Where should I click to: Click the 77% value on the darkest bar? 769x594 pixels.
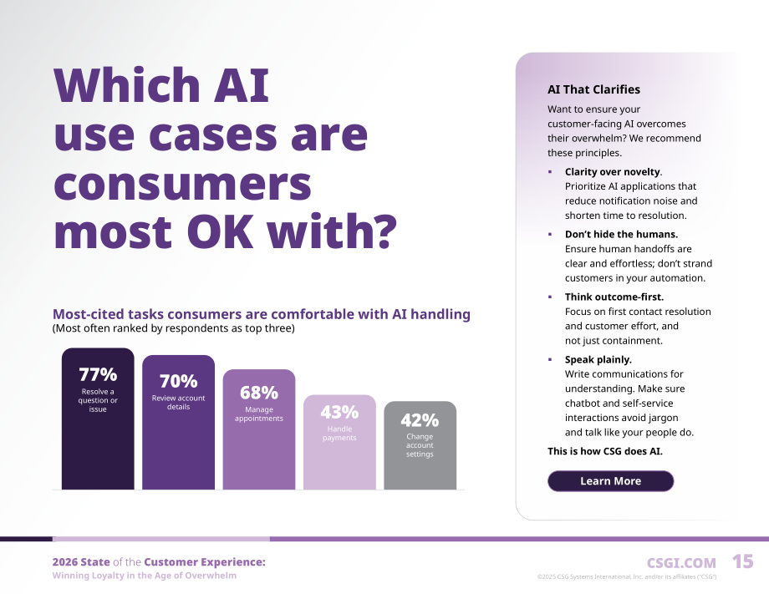click(98, 374)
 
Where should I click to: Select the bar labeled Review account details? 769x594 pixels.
click(179, 422)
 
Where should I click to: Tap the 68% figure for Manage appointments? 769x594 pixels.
click(259, 393)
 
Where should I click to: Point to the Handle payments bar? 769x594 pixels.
click(339, 442)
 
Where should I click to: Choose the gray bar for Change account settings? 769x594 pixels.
click(420, 445)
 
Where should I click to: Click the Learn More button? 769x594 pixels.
click(610, 480)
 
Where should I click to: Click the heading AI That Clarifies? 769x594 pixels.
click(594, 89)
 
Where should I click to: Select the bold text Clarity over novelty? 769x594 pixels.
click(613, 171)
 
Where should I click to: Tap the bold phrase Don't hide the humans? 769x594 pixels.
click(621, 234)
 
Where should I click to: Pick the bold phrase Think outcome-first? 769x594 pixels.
click(614, 297)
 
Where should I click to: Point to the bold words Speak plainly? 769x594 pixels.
click(598, 360)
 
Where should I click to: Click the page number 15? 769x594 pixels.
click(742, 561)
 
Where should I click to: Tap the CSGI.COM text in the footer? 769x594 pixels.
click(681, 563)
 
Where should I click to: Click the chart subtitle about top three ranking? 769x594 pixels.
click(174, 328)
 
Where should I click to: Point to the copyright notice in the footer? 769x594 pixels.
click(627, 576)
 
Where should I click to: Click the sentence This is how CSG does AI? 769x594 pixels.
click(605, 451)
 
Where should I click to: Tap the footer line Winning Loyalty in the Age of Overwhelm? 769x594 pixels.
click(144, 576)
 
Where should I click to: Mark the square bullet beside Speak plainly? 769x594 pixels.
click(550, 360)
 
